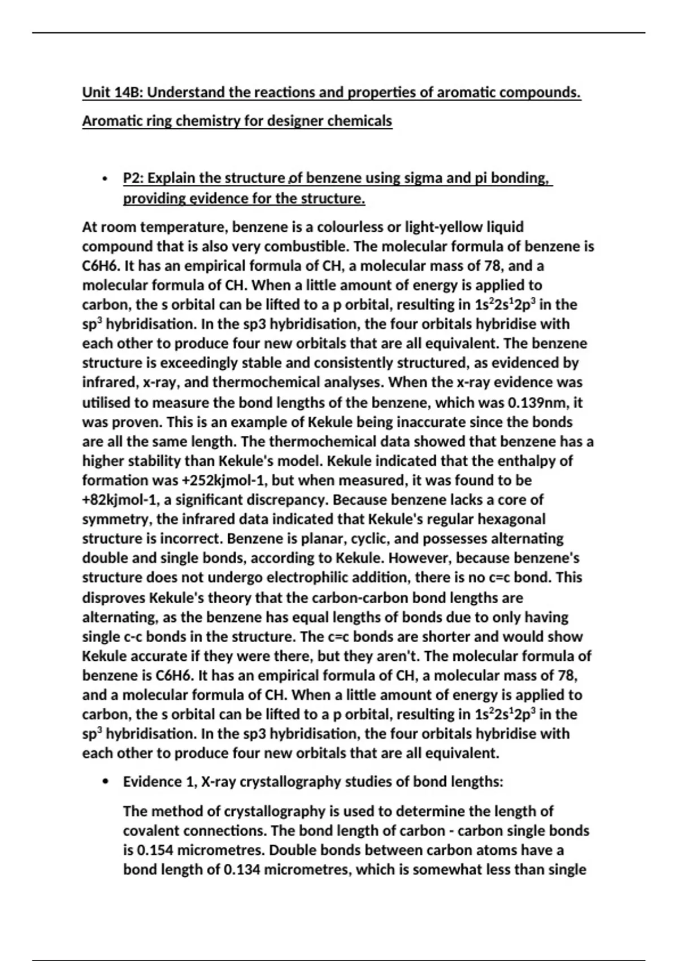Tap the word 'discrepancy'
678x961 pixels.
click(282, 500)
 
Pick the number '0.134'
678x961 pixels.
click(242, 870)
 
